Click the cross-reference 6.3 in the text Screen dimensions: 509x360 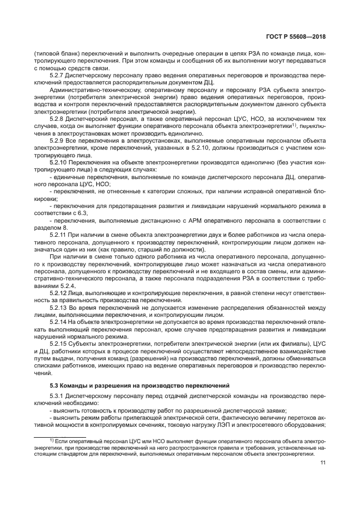coord(82,212)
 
